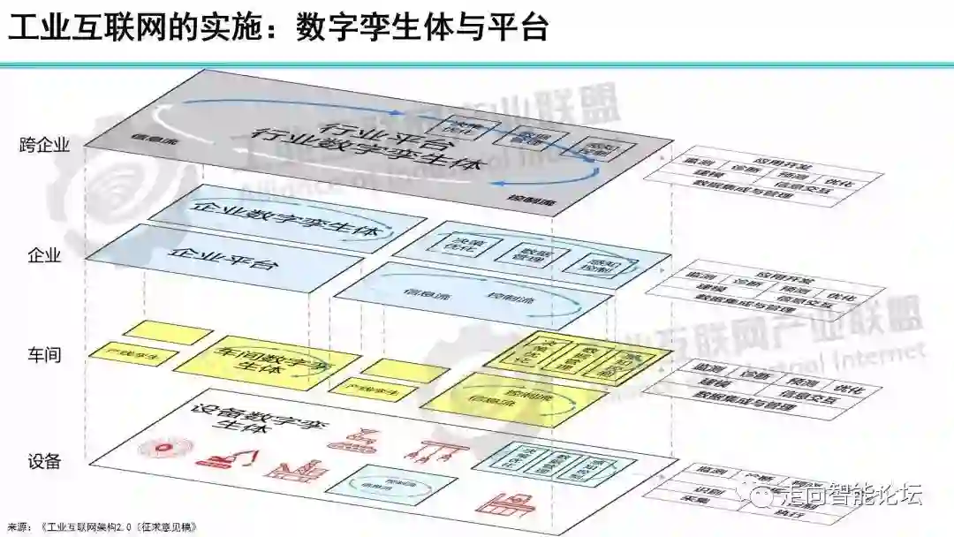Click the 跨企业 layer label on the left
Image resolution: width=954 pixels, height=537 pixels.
(43, 145)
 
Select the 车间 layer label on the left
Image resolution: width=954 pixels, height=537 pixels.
(43, 355)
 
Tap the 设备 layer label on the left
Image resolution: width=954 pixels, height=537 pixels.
(43, 461)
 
